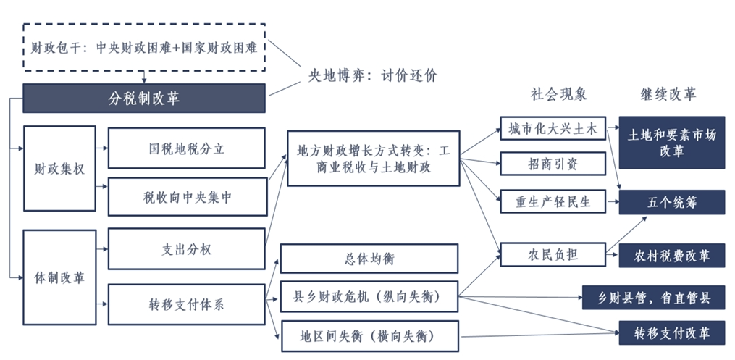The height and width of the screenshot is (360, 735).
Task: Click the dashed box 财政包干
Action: pos(144,48)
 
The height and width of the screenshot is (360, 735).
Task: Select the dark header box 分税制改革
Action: pos(144,99)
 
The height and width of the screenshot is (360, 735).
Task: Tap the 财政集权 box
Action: pos(59,169)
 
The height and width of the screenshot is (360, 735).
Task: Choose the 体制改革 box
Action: pos(59,277)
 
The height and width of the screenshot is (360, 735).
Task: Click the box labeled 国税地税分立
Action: pos(186,148)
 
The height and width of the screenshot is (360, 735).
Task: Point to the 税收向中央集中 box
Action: pos(186,196)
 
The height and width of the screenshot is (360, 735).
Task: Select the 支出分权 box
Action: pos(186,248)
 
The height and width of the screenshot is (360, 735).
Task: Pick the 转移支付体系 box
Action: pos(186,304)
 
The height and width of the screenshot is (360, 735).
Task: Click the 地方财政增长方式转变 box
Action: pos(374,159)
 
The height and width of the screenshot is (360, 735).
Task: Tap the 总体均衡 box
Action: pos(369,259)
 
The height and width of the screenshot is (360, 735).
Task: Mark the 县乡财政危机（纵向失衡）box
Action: pos(369,296)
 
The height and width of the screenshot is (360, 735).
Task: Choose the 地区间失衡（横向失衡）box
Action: pos(369,336)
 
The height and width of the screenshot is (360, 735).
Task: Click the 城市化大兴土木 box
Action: pos(552,130)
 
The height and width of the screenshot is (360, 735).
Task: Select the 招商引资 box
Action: pos(552,164)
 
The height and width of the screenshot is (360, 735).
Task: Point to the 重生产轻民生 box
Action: pos(552,201)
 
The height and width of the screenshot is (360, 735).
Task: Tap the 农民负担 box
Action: pos(552,254)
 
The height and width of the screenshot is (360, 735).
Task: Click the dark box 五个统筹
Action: pos(671,203)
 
